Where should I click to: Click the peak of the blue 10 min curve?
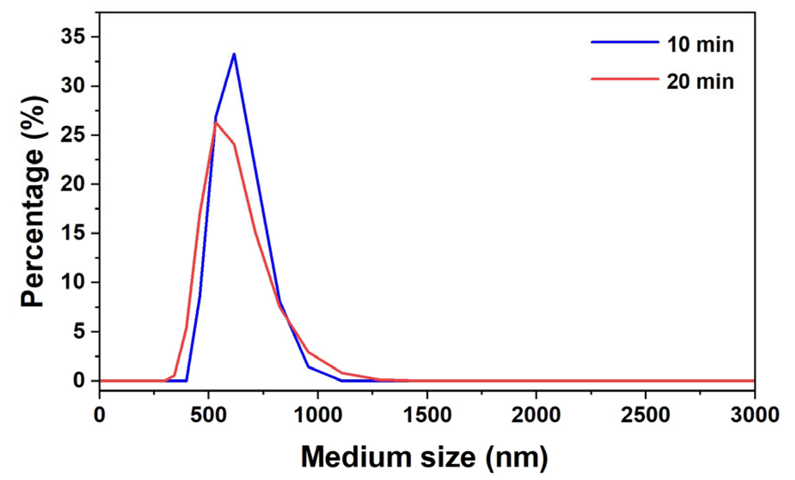(234, 54)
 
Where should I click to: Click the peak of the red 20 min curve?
(216, 123)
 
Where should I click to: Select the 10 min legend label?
(700, 45)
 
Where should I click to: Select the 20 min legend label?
(700, 82)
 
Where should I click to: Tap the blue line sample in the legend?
(625, 42)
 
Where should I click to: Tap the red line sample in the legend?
(625, 79)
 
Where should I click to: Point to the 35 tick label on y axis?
(73, 37)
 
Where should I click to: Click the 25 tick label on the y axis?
(73, 135)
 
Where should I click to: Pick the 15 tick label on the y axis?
(73, 233)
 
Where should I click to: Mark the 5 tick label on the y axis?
(79, 332)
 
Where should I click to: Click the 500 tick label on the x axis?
(209, 415)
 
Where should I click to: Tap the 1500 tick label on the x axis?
(427, 415)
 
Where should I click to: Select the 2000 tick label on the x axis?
(536, 415)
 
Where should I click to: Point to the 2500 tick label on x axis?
(645, 415)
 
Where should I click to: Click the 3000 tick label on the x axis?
(755, 415)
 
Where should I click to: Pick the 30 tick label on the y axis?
(73, 86)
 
